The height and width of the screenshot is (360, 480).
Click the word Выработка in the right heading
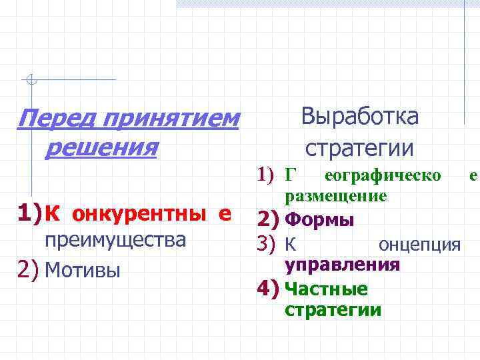point(360,117)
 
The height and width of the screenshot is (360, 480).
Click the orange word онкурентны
point(137,215)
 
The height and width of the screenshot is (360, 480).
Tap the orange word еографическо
point(381,176)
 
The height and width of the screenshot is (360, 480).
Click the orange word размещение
point(335,196)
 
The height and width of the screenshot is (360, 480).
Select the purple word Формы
point(319,219)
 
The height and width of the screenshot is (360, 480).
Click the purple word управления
point(342,265)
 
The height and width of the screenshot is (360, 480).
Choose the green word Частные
point(326,289)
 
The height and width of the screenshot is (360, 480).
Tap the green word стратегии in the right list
point(333,310)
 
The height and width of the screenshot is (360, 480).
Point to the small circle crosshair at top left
point(30,81)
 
